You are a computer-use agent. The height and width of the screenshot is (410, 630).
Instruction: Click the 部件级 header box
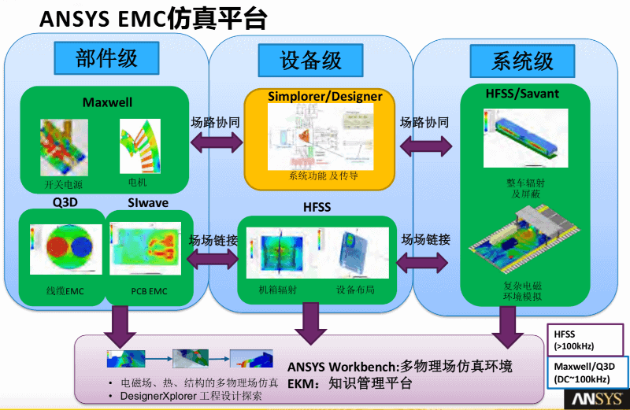(106, 58)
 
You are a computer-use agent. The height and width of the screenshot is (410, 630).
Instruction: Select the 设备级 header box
(311, 60)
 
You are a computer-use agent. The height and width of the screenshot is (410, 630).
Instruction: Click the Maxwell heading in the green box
(107, 102)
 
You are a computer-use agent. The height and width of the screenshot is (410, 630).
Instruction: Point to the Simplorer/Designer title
(324, 97)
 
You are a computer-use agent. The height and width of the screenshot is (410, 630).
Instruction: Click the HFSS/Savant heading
(522, 94)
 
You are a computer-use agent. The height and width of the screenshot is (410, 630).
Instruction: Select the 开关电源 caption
(64, 185)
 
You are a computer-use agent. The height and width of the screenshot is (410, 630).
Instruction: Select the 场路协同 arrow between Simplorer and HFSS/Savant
(425, 144)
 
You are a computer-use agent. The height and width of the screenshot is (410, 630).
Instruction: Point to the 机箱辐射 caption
(277, 289)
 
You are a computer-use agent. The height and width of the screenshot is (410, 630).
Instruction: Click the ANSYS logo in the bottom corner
(598, 399)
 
